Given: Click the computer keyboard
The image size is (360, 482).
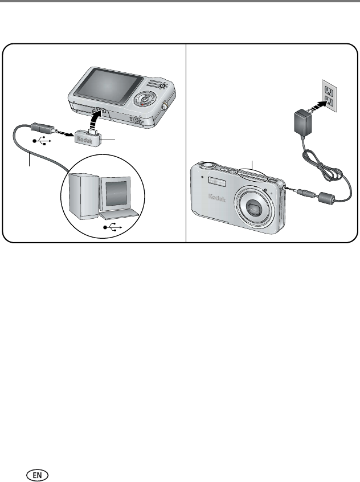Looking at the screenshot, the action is (121, 215).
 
